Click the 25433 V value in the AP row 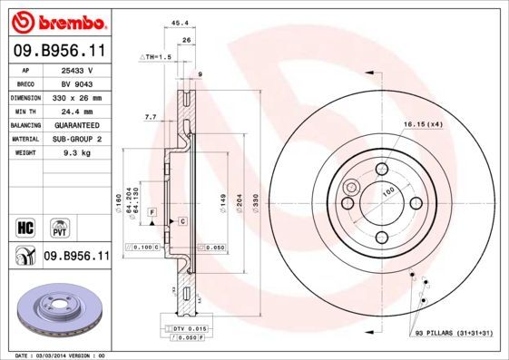click(77, 69)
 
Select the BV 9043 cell click(77, 83)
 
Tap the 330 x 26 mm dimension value click(77, 97)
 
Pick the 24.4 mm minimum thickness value click(77, 111)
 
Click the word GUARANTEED click(77, 124)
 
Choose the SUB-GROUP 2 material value click(77, 139)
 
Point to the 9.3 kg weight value click(77, 153)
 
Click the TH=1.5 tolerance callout click(155, 56)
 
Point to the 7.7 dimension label click(151, 117)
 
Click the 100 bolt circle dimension click(387, 192)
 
